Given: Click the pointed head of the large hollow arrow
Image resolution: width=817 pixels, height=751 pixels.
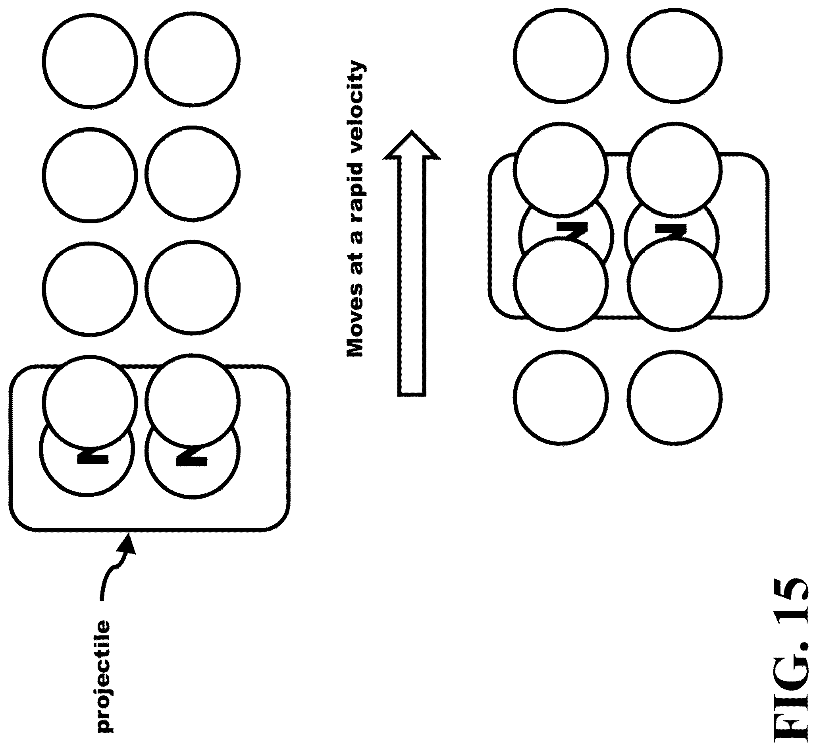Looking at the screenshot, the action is (x=412, y=131).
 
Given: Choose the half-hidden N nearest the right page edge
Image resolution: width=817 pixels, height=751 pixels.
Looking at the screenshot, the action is (x=671, y=232).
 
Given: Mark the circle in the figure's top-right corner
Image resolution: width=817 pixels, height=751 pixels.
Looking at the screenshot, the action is (x=674, y=54).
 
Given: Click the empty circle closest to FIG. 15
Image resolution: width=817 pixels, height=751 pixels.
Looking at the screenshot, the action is (x=674, y=397).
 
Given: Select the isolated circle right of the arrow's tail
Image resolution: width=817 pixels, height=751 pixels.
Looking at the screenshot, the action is (x=561, y=397).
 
